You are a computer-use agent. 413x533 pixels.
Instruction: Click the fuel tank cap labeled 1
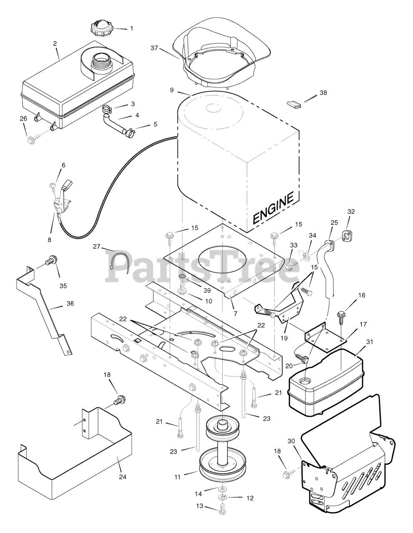click(x=102, y=28)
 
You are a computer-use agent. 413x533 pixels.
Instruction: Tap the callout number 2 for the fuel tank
click(x=55, y=44)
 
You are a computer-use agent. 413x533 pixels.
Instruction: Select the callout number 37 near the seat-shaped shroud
click(x=155, y=48)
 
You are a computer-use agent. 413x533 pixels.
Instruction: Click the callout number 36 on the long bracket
click(x=70, y=304)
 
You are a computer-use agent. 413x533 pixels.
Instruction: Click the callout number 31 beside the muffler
click(x=369, y=342)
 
